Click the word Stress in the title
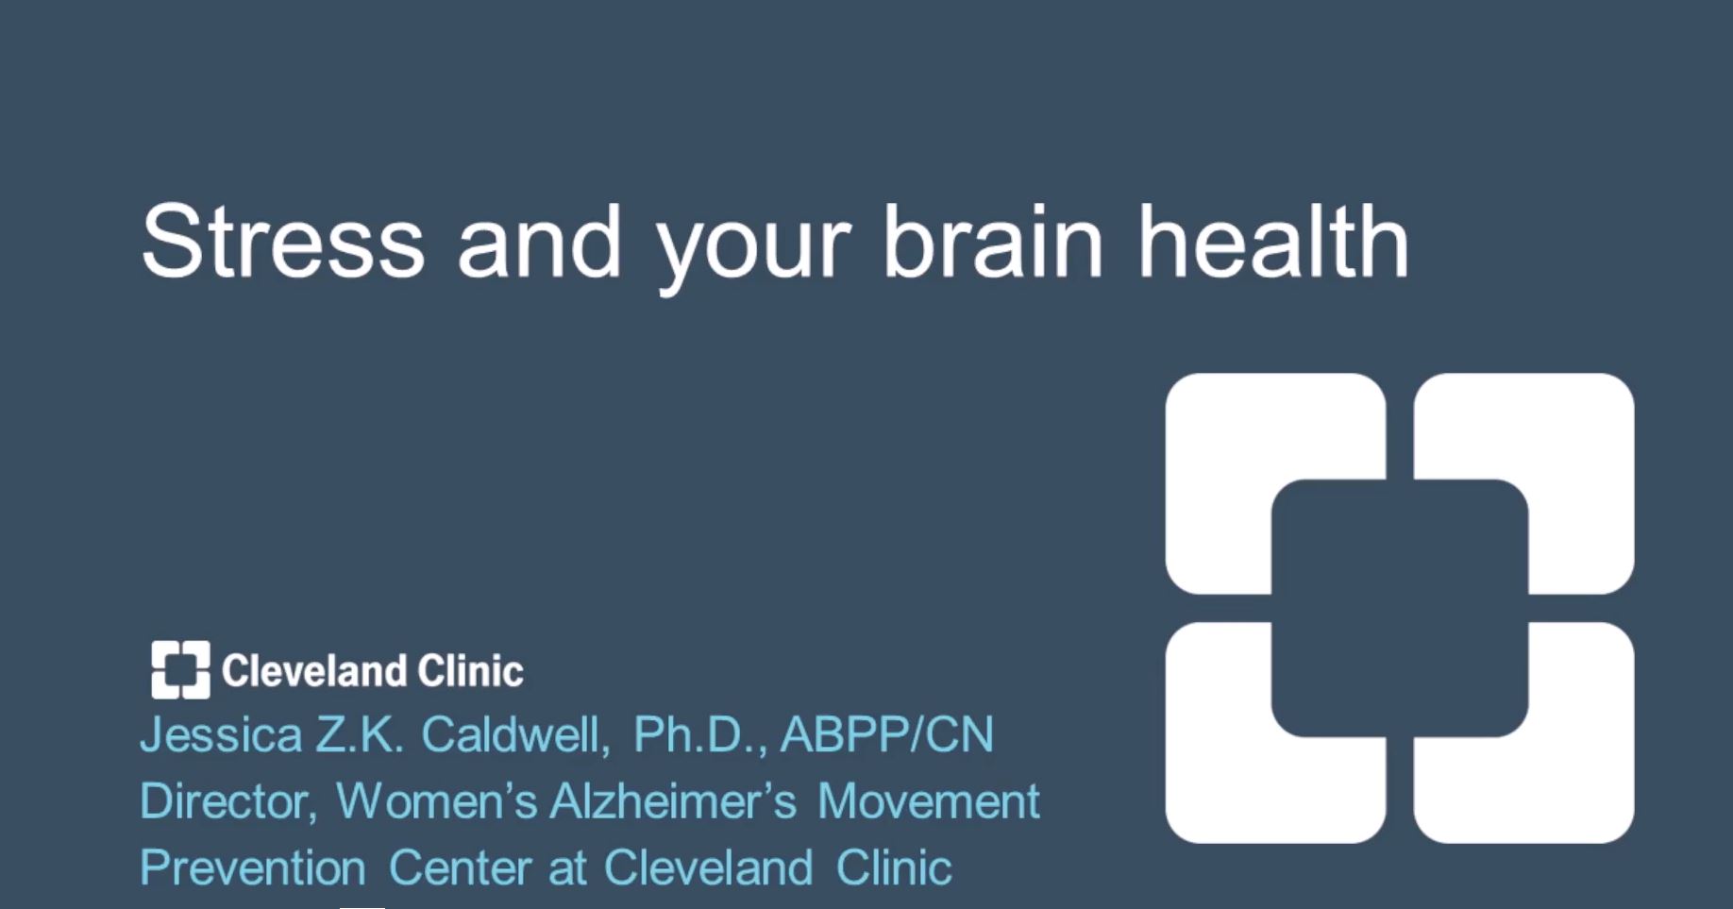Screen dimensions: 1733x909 coord(282,242)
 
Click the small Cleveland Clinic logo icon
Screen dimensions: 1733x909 coord(180,670)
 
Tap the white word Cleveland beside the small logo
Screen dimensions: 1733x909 coord(313,671)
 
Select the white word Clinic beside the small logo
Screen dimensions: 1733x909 coord(470,671)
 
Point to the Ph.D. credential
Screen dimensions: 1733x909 coord(700,734)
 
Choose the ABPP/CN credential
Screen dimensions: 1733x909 coord(887,734)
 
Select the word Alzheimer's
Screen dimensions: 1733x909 coord(674,801)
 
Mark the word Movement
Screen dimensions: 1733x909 coord(929,801)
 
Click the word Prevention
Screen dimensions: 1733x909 coord(253,867)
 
